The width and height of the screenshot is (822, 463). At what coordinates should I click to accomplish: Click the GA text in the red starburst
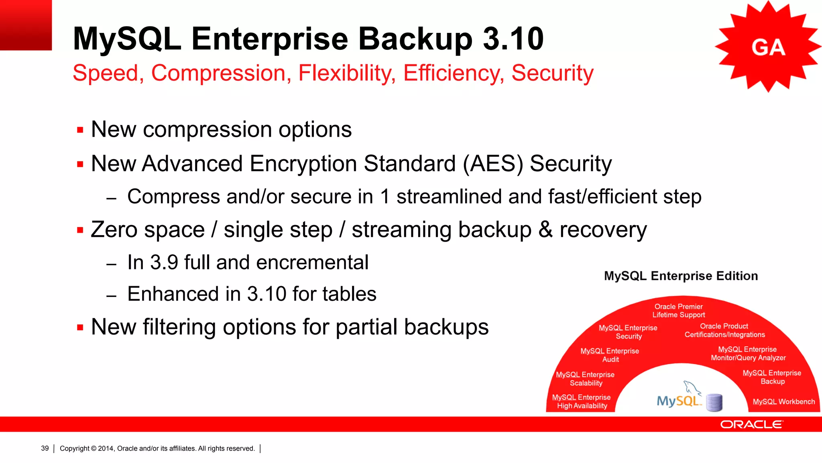pyautogui.click(x=768, y=48)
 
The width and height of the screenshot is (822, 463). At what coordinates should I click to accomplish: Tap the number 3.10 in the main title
pyautogui.click(x=513, y=39)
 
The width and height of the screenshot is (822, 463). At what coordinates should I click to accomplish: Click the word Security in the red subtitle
pyautogui.click(x=552, y=74)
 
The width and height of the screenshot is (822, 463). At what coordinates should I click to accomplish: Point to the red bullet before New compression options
pyautogui.click(x=80, y=130)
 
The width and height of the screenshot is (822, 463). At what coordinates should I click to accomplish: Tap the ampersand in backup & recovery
pyautogui.click(x=545, y=229)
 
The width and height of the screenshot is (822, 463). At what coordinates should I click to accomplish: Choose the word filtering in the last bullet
pyautogui.click(x=179, y=327)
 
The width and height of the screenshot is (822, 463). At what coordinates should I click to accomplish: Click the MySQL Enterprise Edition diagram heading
pyautogui.click(x=681, y=276)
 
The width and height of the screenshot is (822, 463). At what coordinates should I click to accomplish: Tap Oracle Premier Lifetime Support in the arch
pyautogui.click(x=678, y=311)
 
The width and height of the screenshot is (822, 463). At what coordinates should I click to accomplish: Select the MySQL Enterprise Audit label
pyautogui.click(x=610, y=355)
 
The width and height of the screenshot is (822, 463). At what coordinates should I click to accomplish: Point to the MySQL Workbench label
pyautogui.click(x=783, y=402)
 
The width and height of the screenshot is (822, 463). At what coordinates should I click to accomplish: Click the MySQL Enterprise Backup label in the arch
pyautogui.click(x=772, y=377)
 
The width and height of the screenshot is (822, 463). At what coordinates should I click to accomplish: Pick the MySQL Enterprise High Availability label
pyautogui.click(x=582, y=402)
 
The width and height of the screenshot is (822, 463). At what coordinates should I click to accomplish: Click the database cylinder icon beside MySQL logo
pyautogui.click(x=714, y=402)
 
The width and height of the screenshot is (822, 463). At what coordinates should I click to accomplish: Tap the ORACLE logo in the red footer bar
pyautogui.click(x=751, y=424)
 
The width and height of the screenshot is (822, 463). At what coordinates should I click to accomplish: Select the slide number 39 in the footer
pyautogui.click(x=45, y=448)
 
